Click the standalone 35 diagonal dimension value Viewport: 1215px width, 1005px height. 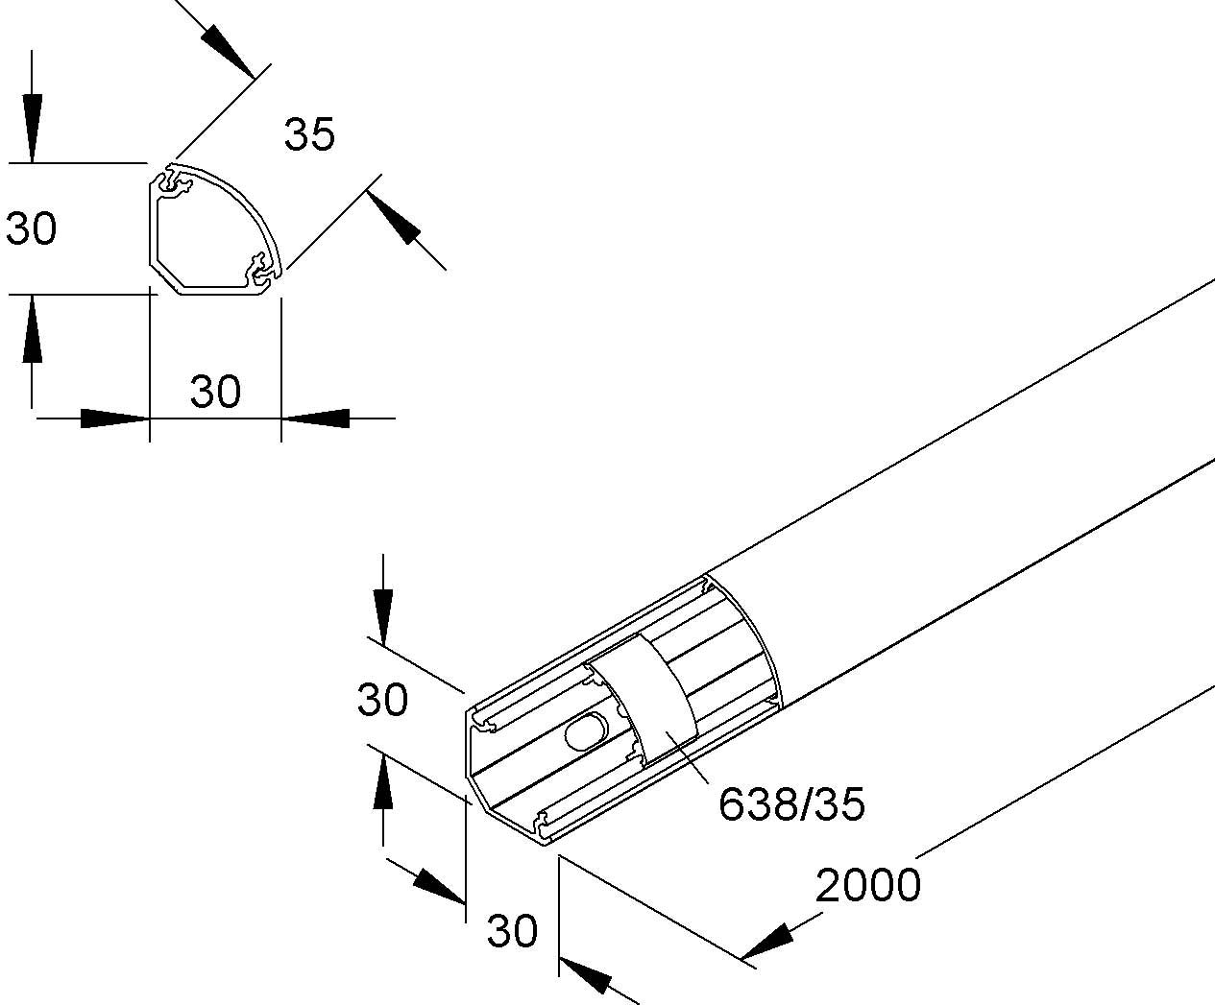tap(309, 135)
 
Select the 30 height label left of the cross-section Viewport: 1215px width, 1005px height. tap(32, 229)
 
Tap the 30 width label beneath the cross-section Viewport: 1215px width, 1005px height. tap(215, 392)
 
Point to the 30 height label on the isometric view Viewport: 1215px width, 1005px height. tap(382, 700)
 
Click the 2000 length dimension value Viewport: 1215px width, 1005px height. tap(868, 885)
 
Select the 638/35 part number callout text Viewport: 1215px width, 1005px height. tap(791, 804)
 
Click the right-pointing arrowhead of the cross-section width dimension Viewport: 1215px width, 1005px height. tap(115, 419)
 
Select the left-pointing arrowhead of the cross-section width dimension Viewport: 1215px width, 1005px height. tap(315, 419)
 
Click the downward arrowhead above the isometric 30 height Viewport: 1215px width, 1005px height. tap(382, 614)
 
